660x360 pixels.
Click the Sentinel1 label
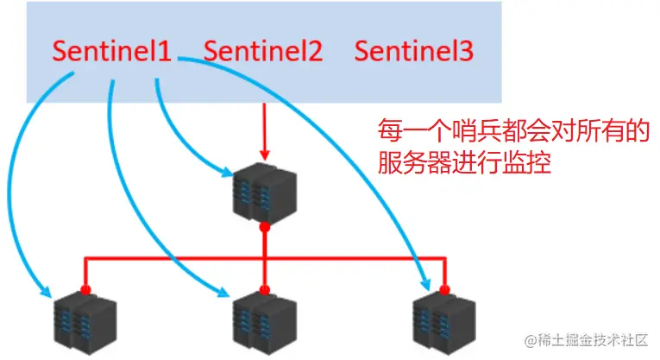tap(112, 51)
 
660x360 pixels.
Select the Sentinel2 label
tap(262, 51)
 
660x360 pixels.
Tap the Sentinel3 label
tap(413, 51)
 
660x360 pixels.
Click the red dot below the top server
tap(264, 227)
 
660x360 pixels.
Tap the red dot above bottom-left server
tap(85, 289)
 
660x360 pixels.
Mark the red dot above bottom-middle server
tap(264, 289)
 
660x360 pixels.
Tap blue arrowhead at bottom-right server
tap(427, 284)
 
